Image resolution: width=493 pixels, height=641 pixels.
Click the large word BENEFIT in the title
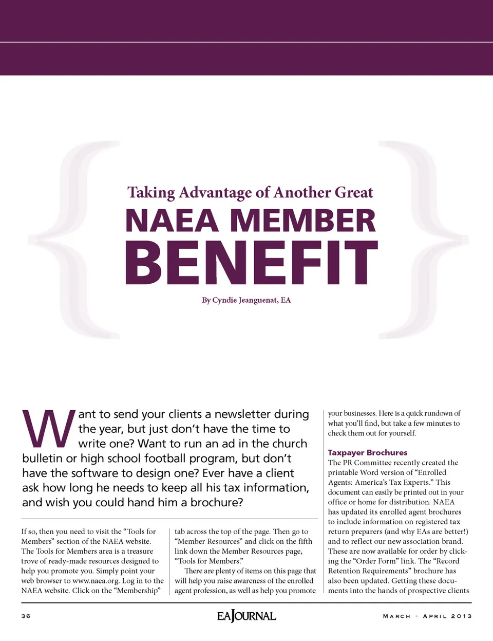click(251, 262)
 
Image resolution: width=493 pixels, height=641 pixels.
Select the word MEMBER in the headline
click(303, 221)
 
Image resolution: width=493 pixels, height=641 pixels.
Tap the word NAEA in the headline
click(173, 221)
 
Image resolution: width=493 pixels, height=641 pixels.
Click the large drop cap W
click(48, 429)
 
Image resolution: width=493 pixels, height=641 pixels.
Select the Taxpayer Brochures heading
click(368, 452)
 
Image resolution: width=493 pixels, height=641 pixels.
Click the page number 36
click(26, 616)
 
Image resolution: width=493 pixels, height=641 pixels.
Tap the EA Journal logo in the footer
click(246, 615)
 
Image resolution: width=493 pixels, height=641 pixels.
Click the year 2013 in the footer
click(461, 616)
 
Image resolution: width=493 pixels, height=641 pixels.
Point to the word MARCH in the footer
click(396, 616)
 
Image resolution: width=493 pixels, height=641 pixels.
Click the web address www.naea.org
click(96, 581)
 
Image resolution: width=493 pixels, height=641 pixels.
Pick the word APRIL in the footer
click(434, 616)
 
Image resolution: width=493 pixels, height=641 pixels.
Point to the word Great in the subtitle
click(354, 192)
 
